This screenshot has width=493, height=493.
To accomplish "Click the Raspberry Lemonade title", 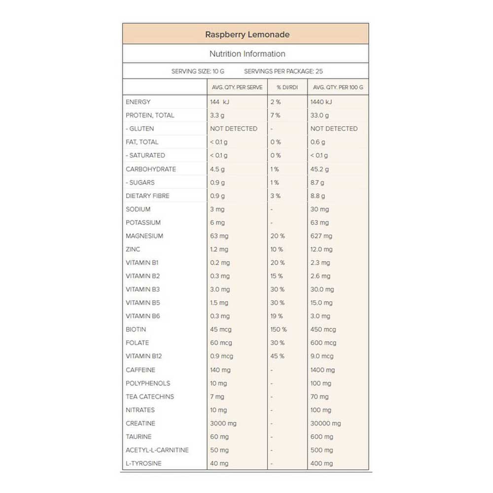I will (x=247, y=35).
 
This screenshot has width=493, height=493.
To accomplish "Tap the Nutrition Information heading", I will (x=247, y=54).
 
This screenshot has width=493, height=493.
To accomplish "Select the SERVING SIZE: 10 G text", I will (x=198, y=71).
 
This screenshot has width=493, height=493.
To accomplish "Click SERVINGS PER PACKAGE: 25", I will (x=283, y=71).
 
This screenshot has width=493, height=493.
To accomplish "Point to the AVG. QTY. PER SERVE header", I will (x=237, y=87).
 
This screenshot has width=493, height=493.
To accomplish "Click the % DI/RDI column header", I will (x=286, y=87).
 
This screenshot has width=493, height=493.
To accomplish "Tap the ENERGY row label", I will (x=138, y=102).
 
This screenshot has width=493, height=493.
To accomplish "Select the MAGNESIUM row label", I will (x=144, y=236).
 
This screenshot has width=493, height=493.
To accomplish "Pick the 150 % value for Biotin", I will (x=279, y=329).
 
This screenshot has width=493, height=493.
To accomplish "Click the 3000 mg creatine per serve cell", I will (x=223, y=423).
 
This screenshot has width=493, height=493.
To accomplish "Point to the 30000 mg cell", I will (x=325, y=423).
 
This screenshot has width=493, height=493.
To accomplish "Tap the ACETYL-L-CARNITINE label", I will (x=157, y=450).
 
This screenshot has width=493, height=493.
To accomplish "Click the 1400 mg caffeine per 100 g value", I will (x=322, y=370).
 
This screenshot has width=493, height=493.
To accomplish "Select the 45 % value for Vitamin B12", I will (x=277, y=356).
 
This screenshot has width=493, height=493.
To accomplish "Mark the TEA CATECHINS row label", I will (x=150, y=396).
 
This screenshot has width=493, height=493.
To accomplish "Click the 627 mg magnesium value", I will (x=321, y=236).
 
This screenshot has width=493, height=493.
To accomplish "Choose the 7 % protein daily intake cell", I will (x=275, y=115).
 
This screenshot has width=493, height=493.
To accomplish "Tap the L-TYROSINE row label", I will (x=143, y=463).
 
